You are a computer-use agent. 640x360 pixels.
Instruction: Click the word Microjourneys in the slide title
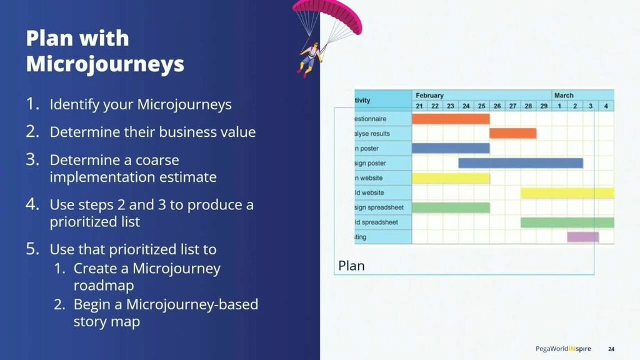click(x=105, y=64)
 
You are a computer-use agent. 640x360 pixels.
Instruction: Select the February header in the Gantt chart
click(x=429, y=96)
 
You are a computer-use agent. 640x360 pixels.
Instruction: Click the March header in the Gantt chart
click(x=564, y=96)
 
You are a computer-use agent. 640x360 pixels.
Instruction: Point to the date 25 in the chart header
click(x=481, y=106)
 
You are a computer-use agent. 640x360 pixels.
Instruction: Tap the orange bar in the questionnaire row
click(x=451, y=119)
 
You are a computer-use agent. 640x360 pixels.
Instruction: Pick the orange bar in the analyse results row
click(x=512, y=133)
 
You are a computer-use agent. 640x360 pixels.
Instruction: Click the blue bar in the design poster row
click(x=520, y=163)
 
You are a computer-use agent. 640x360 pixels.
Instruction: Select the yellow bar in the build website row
click(x=567, y=192)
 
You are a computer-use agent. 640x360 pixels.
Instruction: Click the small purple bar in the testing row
click(x=582, y=237)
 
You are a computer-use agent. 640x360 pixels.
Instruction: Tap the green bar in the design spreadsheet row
click(x=451, y=207)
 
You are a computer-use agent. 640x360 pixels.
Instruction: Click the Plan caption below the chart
click(x=351, y=266)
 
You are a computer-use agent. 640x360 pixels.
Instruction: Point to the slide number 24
click(x=612, y=348)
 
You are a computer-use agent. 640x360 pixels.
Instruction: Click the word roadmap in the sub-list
click(x=104, y=286)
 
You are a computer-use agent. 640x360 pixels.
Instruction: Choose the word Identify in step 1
click(x=74, y=104)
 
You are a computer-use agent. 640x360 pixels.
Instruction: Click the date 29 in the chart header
click(x=544, y=106)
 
